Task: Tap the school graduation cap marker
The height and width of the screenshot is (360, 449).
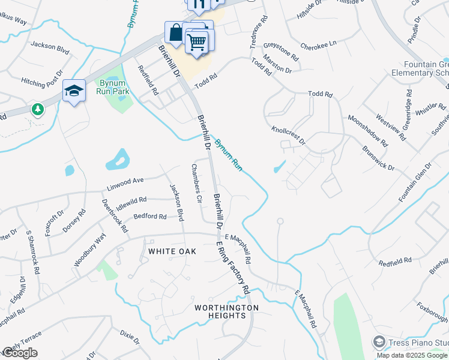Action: pos(74,91)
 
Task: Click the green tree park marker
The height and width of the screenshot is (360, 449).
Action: pos(38,109)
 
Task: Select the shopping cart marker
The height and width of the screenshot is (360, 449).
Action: pos(196,41)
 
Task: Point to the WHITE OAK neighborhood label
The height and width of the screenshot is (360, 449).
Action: pos(172,251)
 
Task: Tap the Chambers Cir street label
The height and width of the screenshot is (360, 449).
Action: pos(196,184)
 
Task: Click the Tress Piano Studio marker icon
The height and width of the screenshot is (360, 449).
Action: pos(379,342)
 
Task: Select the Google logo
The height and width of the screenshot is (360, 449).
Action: pos(20,353)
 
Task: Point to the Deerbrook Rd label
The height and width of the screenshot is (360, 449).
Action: pos(115,216)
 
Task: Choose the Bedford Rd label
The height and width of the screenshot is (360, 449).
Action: pos(150,216)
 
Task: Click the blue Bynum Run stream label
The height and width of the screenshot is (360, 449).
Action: pos(228,155)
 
